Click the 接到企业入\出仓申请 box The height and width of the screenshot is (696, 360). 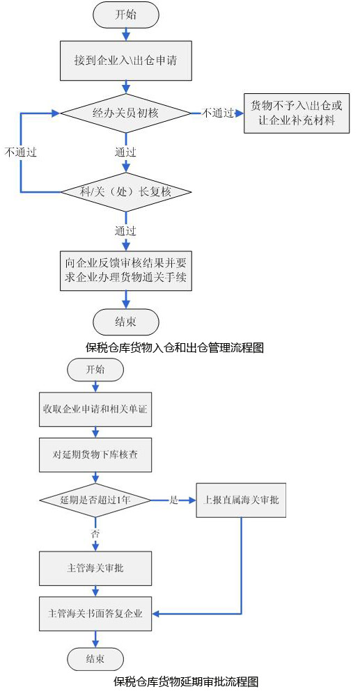[126, 60]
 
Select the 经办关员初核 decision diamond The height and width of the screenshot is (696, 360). [126, 113]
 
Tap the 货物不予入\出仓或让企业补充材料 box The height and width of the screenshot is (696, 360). [297, 113]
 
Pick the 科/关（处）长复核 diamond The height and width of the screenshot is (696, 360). [126, 192]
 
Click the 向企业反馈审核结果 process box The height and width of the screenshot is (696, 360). [126, 271]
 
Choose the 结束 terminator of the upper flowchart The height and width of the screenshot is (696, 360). [126, 322]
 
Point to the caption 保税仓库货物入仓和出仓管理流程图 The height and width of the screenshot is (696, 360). [175, 347]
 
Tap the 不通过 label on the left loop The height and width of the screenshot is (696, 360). [20, 152]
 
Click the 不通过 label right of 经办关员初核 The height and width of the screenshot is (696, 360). [218, 113]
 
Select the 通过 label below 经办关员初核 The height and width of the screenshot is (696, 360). [125, 152]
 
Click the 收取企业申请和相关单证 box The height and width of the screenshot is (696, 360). [95, 409]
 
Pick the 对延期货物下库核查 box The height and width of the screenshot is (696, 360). [95, 455]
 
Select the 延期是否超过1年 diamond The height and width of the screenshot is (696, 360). [95, 500]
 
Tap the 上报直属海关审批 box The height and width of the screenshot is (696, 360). [241, 500]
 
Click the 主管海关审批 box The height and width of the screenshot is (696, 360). [95, 569]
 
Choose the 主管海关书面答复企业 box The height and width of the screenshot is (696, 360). [95, 615]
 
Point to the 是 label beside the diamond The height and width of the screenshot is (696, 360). [173, 500]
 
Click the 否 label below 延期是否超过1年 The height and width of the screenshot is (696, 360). [95, 535]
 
